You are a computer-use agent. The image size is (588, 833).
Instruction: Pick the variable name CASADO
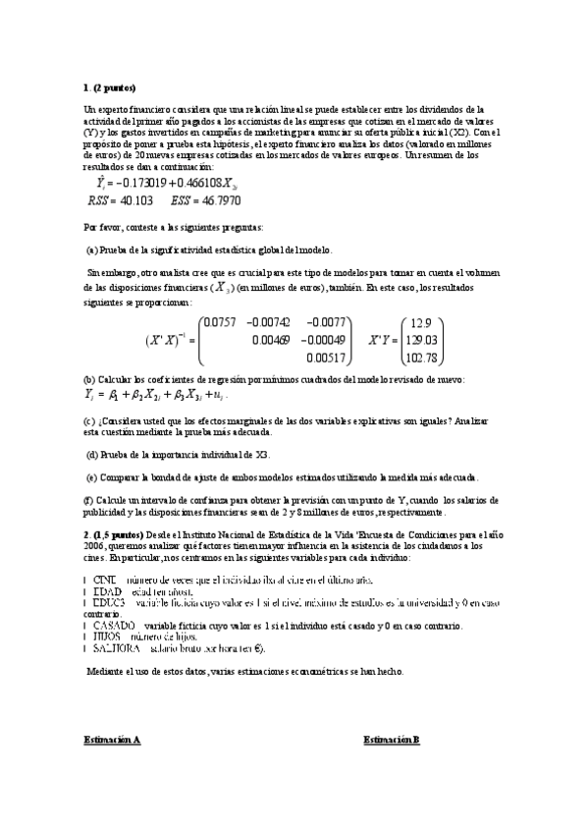(x=114, y=626)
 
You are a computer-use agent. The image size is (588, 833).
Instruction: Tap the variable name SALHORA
(x=117, y=649)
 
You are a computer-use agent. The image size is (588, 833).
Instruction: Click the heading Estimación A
(x=111, y=739)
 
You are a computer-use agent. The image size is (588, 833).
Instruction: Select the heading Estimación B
(x=391, y=739)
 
